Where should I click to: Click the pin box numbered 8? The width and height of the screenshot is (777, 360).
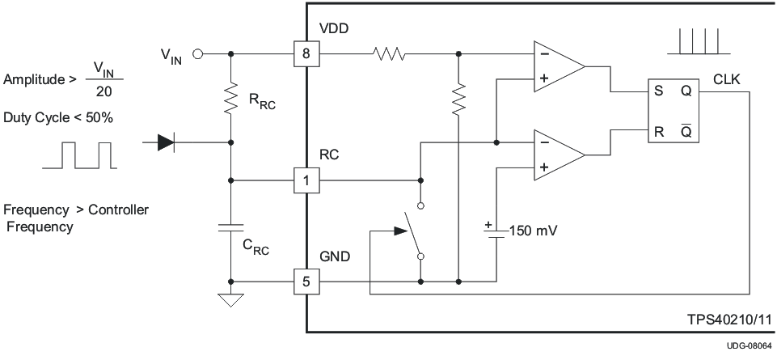click(307, 55)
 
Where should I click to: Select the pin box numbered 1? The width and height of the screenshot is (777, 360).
click(307, 180)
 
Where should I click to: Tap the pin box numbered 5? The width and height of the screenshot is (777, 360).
click(307, 282)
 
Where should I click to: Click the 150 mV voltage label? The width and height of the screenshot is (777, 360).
click(534, 231)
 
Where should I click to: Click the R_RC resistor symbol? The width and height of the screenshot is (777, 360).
click(231, 97)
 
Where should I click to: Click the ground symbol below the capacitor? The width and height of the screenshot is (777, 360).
click(231, 301)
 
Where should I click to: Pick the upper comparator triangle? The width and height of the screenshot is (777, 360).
click(558, 67)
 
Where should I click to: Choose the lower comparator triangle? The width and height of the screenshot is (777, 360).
click(558, 155)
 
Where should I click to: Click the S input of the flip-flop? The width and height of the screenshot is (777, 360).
click(659, 91)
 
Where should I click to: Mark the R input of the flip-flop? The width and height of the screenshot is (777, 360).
click(659, 132)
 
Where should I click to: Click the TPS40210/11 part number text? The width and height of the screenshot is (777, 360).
click(717, 320)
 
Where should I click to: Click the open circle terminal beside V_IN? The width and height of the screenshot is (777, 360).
click(197, 55)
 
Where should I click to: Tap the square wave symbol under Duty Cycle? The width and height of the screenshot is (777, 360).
click(78, 155)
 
